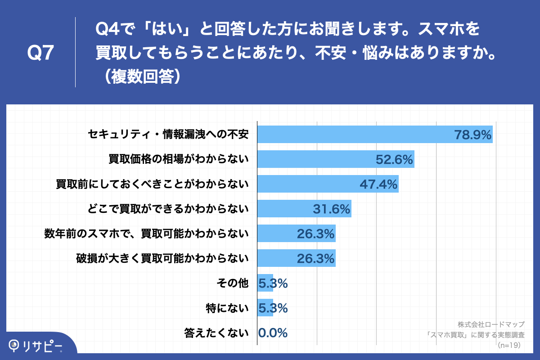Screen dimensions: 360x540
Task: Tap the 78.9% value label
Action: (472, 135)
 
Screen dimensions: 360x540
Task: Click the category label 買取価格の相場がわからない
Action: (179, 159)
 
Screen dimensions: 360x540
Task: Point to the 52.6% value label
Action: (394, 160)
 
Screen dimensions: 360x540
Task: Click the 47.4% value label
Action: (378, 184)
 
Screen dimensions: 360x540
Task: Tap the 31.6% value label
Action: (331, 209)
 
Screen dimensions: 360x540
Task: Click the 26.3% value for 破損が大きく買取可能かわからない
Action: (315, 258)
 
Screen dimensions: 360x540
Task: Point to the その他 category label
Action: (233, 283)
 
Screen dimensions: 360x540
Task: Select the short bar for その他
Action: (265, 283)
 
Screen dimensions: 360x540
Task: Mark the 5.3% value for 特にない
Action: (273, 308)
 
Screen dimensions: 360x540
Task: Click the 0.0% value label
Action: (273, 333)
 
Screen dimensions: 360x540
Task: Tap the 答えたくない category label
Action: (216, 333)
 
